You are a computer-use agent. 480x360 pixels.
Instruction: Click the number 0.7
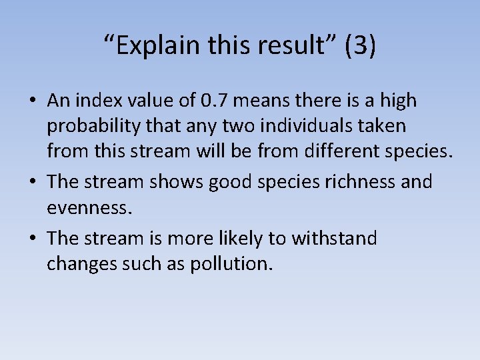click(x=215, y=101)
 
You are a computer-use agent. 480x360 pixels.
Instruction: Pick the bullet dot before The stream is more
click(x=32, y=239)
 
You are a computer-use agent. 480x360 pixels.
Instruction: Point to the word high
click(x=399, y=101)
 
